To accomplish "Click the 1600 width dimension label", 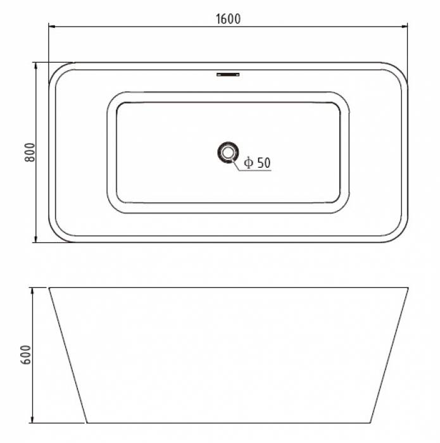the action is pyautogui.click(x=229, y=19).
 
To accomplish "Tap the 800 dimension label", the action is pyautogui.click(x=30, y=153).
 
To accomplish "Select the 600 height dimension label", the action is pyautogui.click(x=27, y=354).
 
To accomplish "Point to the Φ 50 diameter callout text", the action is pyautogui.click(x=257, y=163).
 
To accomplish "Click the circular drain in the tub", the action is pyautogui.click(x=228, y=153).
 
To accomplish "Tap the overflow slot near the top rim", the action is pyautogui.click(x=228, y=75).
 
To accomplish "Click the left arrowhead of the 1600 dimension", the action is pyautogui.click(x=52, y=27).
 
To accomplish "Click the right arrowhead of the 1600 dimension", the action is pyautogui.click(x=405, y=27).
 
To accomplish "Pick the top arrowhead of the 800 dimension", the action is pyautogui.click(x=35, y=66).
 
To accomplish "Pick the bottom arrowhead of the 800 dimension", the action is pyautogui.click(x=35, y=239).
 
